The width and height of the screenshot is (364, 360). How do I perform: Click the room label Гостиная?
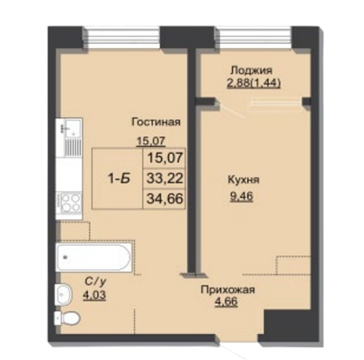155,122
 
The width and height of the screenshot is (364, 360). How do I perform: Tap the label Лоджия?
252,70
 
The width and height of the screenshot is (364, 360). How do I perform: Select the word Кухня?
244,180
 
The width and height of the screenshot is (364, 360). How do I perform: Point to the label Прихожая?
228,290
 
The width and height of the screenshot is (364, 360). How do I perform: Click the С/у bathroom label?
96,282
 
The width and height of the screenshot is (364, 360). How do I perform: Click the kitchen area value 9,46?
241,197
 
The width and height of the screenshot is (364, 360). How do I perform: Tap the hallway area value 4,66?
226,302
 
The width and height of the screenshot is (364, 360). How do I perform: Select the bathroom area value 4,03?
94,295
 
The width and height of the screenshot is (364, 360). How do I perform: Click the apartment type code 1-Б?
119,179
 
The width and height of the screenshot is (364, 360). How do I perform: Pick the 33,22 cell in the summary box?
165,179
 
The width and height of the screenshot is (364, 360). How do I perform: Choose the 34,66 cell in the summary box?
165,198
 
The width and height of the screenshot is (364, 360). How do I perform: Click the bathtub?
94,257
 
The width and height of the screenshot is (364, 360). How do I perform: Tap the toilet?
67,318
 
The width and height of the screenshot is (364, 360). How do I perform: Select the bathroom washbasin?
64,295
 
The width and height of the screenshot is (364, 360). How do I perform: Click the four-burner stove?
69,202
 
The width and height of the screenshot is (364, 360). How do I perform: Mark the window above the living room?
121,38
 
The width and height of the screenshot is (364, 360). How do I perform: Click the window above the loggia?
252,38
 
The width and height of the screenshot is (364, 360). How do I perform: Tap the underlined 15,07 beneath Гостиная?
151,141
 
